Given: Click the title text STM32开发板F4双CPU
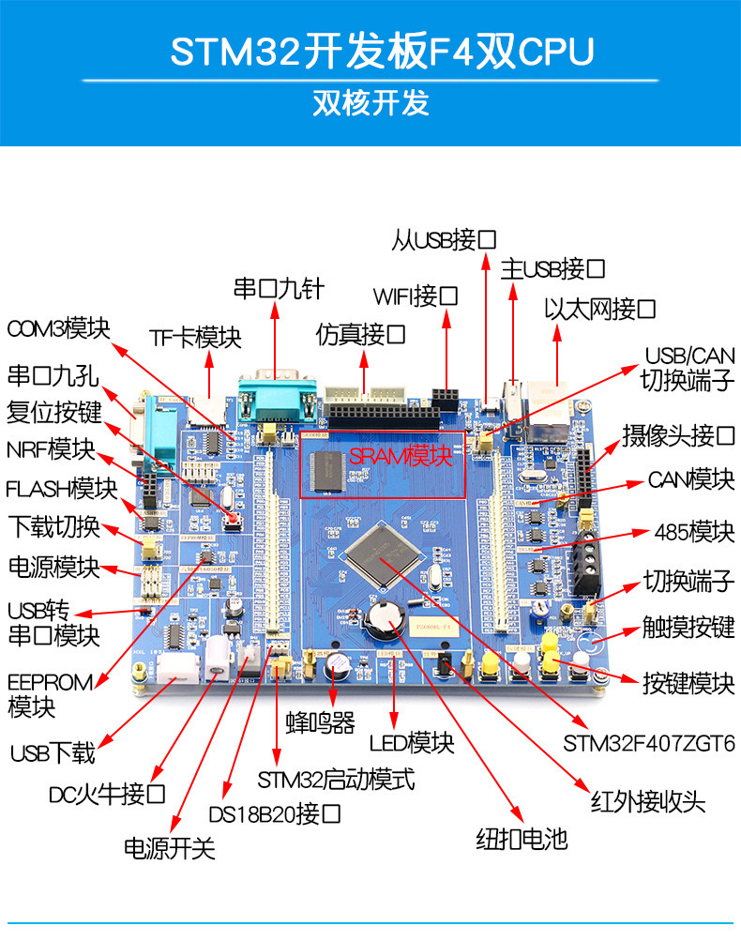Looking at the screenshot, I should [382, 53].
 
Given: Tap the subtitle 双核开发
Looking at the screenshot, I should [370, 102].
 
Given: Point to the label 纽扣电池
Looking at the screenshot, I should [522, 838].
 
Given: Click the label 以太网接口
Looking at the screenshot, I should [599, 310].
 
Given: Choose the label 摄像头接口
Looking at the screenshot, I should [678, 436].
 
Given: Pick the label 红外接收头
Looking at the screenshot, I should [648, 801].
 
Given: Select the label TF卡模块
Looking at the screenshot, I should [196, 338].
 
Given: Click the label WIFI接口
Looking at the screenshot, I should [416, 297].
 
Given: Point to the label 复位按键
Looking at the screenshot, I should [53, 413].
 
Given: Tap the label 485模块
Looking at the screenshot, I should [694, 533].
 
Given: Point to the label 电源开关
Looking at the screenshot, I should [170, 848].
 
